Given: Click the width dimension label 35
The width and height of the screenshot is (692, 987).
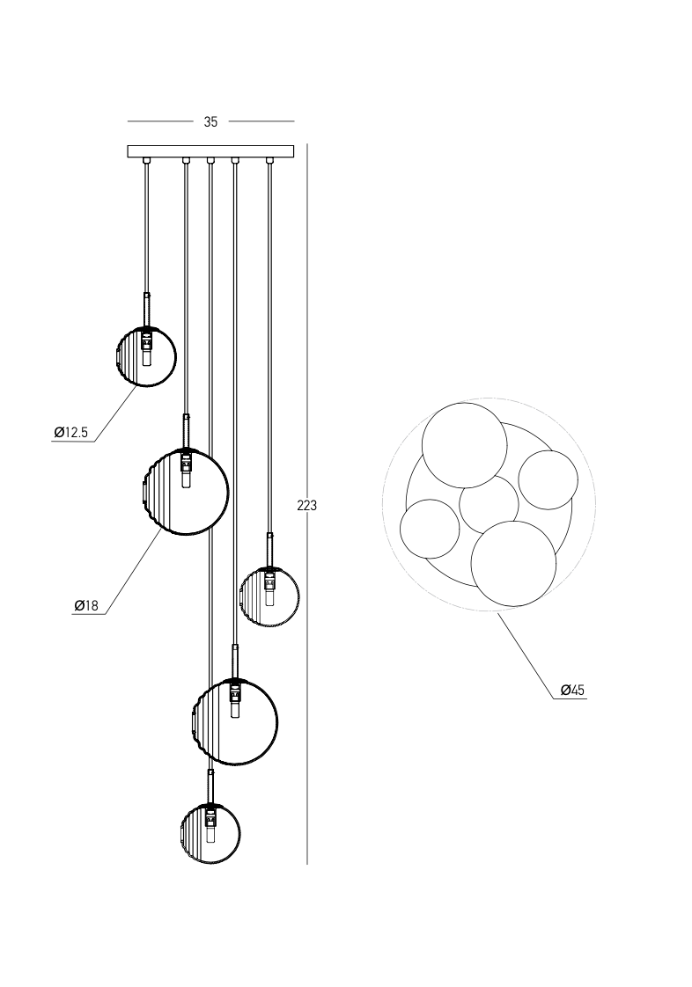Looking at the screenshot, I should pyautogui.click(x=210, y=122).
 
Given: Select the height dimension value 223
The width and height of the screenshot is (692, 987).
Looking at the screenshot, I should pyautogui.click(x=307, y=506).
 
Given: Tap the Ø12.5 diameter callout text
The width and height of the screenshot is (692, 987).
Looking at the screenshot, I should pyautogui.click(x=70, y=432).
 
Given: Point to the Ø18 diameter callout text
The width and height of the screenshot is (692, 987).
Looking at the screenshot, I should pyautogui.click(x=86, y=605).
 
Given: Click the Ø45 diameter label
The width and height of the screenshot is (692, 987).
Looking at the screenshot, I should pyautogui.click(x=572, y=691).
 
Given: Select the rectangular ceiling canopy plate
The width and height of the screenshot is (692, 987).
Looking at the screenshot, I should pyautogui.click(x=210, y=151).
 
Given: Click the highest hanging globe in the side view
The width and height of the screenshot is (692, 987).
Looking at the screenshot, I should pyautogui.click(x=147, y=356).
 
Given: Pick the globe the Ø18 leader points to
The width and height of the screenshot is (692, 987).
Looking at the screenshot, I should pyautogui.click(x=186, y=492).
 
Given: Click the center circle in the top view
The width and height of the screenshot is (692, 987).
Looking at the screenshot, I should pyautogui.click(x=489, y=505).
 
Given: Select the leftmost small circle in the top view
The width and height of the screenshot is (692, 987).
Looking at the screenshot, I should pyautogui.click(x=431, y=529).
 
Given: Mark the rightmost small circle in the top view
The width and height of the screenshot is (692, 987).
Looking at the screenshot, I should pyautogui.click(x=548, y=479).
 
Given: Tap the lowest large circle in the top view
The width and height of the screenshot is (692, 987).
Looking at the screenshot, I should pyautogui.click(x=514, y=564).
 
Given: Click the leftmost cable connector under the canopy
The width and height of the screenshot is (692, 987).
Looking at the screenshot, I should pyautogui.click(x=147, y=161).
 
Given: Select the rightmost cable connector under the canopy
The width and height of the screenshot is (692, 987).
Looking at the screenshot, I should pyautogui.click(x=270, y=161).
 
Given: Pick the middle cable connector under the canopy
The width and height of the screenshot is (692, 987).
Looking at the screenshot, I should pyautogui.click(x=210, y=161).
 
